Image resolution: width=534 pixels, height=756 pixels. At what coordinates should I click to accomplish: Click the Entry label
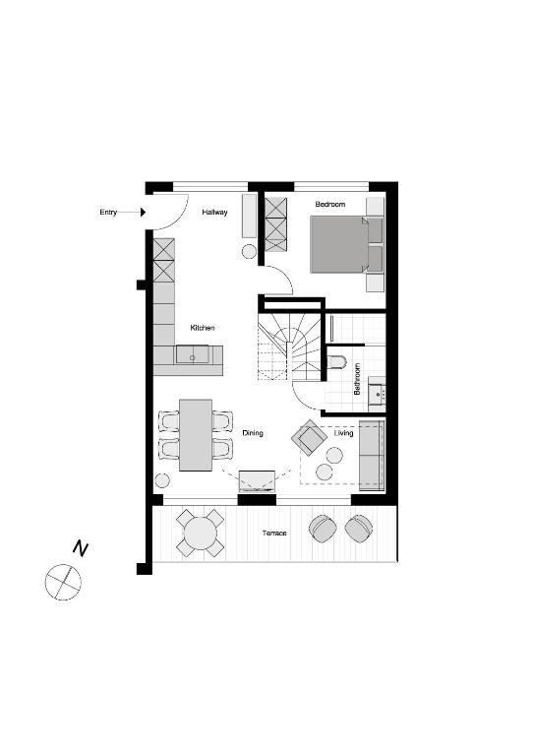108,213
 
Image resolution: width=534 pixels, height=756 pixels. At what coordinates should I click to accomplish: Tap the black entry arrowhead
143,213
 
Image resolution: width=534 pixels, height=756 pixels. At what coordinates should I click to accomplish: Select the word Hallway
214,213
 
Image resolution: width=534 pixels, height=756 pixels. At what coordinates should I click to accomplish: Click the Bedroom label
330,205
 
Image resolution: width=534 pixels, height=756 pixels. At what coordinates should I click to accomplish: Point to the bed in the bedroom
347,244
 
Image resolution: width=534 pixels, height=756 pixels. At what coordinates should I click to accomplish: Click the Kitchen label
203,328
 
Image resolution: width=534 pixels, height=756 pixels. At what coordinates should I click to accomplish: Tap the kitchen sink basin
192,354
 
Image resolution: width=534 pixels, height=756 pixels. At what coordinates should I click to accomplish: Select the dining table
196,435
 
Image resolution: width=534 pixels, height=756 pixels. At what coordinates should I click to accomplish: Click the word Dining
253,433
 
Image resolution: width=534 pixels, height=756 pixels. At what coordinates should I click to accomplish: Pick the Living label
344,433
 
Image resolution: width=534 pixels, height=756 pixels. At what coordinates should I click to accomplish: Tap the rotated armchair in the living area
308,437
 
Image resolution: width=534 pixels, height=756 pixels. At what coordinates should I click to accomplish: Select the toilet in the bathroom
336,362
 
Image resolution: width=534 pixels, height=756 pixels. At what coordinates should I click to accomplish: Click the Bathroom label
357,379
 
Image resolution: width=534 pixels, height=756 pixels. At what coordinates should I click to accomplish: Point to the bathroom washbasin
377,395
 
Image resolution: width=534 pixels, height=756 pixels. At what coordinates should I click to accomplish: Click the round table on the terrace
201,533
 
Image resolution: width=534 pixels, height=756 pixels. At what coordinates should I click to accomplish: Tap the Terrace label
274,534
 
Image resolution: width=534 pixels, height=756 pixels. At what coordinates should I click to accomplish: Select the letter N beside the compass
81,548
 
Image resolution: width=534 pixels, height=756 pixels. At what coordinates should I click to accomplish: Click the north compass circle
63,582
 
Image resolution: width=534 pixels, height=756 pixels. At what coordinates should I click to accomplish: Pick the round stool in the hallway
250,251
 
